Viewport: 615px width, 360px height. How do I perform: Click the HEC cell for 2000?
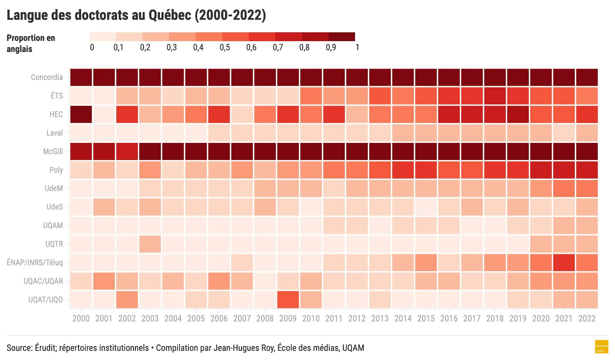click(x=81, y=114)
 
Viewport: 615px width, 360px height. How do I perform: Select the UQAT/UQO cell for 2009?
click(x=288, y=300)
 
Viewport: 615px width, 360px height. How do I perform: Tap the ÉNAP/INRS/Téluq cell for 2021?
click(x=564, y=263)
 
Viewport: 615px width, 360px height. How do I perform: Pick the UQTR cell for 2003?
click(x=150, y=244)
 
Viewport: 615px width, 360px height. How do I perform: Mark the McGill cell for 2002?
click(x=127, y=151)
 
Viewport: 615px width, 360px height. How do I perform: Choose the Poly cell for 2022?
click(x=587, y=170)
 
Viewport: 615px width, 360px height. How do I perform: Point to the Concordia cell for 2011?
click(x=334, y=77)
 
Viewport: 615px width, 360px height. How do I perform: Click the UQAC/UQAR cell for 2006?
click(x=219, y=281)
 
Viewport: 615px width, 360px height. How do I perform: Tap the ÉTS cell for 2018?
click(x=495, y=96)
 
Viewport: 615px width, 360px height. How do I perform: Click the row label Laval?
click(x=54, y=133)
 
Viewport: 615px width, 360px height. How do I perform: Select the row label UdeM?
click(x=53, y=188)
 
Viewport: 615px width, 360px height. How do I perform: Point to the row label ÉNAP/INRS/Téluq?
click(x=35, y=263)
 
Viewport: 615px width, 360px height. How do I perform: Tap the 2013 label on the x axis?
click(x=380, y=319)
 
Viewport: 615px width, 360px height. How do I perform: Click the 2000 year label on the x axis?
click(x=81, y=319)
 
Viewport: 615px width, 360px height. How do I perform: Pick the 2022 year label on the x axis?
click(x=587, y=319)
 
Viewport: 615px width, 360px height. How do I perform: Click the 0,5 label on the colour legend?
click(x=225, y=48)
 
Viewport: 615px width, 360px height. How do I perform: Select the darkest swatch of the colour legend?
click(x=342, y=37)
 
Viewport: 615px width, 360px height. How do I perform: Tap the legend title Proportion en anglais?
click(x=31, y=43)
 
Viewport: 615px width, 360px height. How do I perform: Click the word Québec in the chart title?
click(x=170, y=15)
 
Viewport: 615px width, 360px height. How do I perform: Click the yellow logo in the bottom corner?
click(x=601, y=347)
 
